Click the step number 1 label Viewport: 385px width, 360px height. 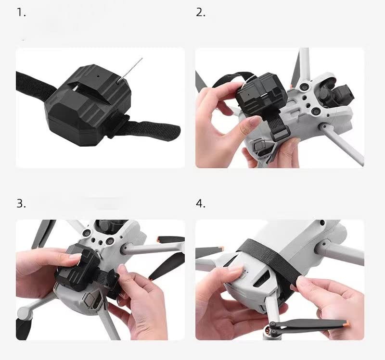[21, 13]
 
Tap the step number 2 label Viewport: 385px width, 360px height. [200, 13]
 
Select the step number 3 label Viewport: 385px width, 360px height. [21, 203]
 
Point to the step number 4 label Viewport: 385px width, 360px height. [200, 203]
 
